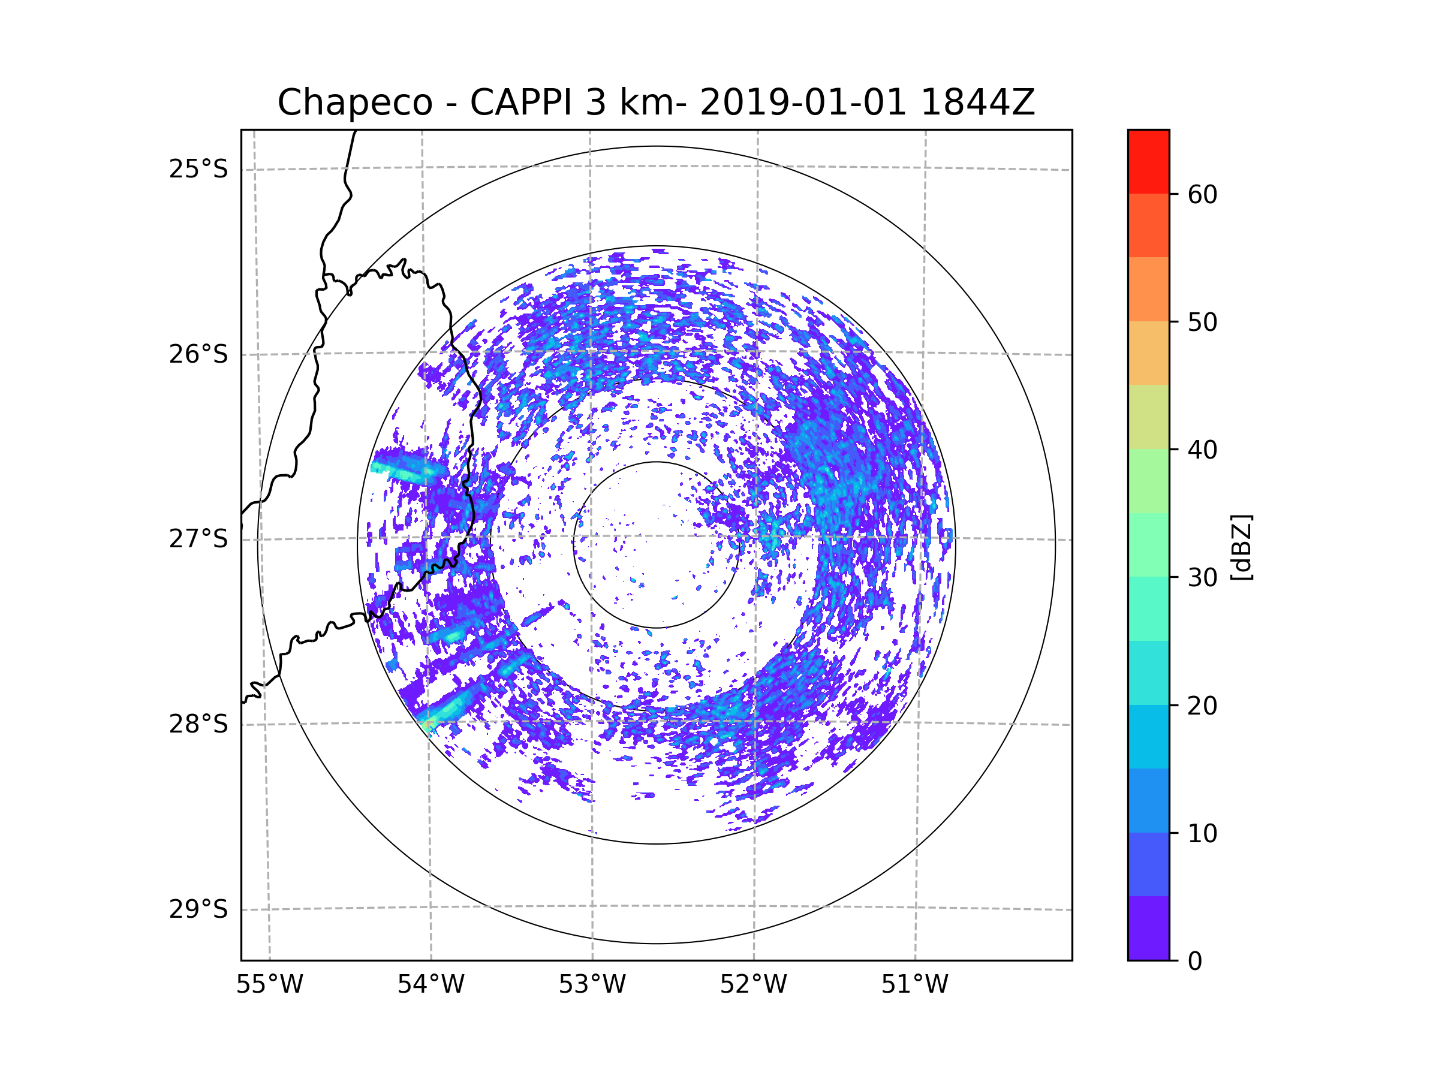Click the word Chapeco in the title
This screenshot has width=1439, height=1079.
click(354, 103)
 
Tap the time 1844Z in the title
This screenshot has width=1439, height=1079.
click(977, 103)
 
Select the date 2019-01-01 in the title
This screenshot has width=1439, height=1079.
click(803, 103)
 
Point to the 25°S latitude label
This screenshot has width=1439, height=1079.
click(198, 169)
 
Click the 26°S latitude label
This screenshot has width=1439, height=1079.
click(198, 354)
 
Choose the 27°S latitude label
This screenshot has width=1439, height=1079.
click(198, 539)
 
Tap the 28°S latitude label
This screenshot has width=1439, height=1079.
click(198, 724)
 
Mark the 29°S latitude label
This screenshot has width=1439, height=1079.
click(198, 909)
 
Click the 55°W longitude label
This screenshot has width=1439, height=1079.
click(269, 985)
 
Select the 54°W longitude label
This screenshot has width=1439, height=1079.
click(431, 985)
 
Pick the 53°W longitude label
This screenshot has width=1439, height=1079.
click(592, 985)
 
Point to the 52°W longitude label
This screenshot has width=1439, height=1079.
click(753, 985)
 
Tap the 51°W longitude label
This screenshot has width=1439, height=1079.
click(914, 985)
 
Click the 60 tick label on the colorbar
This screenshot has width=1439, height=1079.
click(1202, 194)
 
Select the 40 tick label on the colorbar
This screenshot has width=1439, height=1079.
click(1202, 450)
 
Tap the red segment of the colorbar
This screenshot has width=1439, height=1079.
click(1148, 161)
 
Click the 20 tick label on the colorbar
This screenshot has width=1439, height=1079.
click(1202, 706)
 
